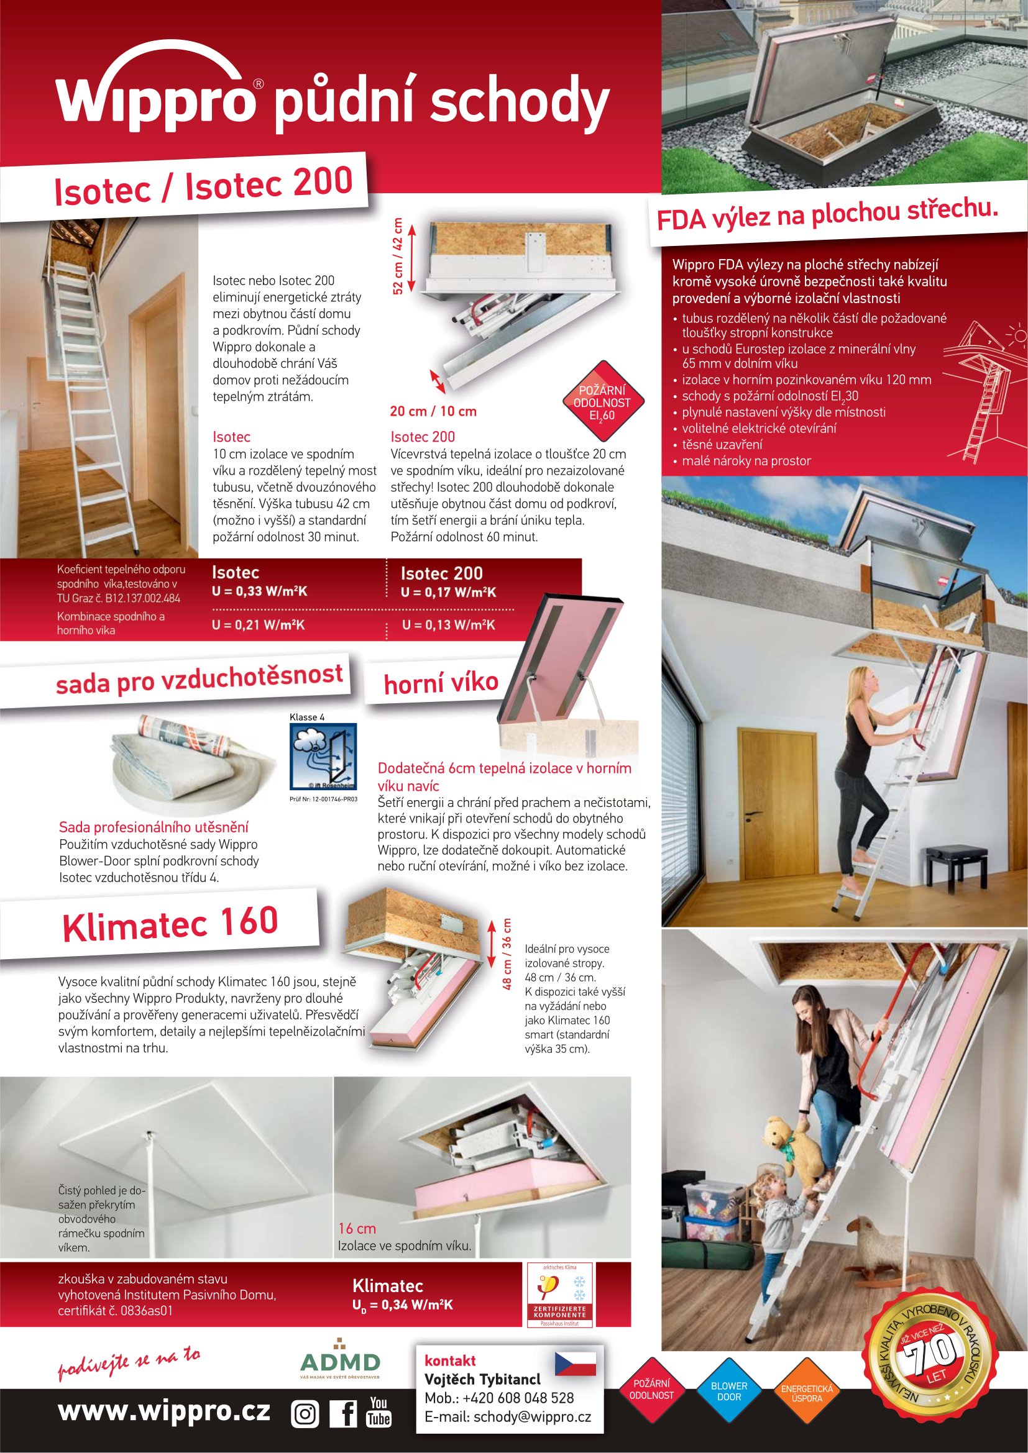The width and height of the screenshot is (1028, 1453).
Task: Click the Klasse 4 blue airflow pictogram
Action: pos(323,756)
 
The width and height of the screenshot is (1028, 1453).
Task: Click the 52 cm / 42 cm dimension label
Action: pos(398,256)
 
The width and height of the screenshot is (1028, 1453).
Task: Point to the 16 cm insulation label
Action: pos(357,1228)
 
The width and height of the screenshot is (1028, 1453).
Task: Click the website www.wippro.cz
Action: pos(164,1411)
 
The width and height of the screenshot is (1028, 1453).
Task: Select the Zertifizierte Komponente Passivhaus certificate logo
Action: pos(559,1295)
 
